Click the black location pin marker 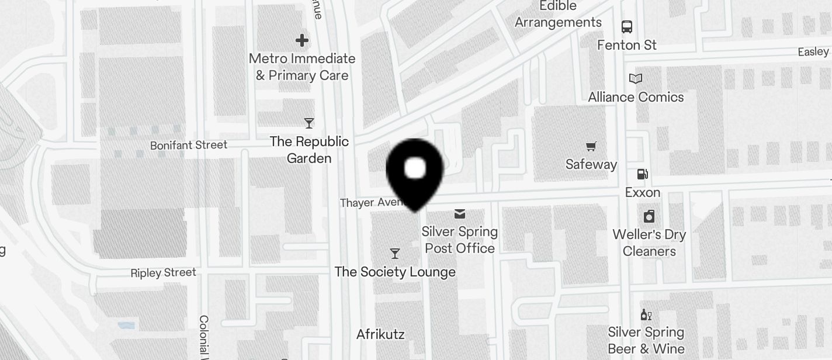415,170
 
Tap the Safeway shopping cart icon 591,146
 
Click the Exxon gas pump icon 642,174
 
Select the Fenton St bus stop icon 627,26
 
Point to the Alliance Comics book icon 636,79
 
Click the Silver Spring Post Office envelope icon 460,214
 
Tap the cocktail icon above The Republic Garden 309,123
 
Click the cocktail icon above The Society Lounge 395,254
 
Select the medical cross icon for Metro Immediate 302,40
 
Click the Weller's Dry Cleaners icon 649,217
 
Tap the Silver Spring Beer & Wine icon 646,315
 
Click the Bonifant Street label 189,145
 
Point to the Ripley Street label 164,273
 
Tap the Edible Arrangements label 558,14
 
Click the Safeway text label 591,164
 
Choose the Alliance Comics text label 636,97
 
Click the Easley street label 813,52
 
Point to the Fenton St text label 627,45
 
